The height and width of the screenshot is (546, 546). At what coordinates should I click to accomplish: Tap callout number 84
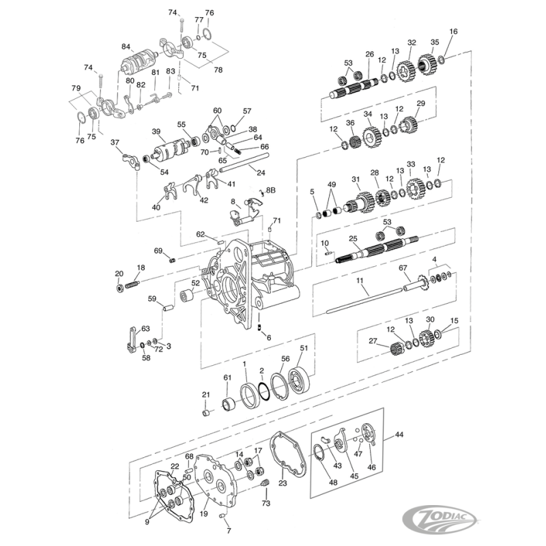coord(126,47)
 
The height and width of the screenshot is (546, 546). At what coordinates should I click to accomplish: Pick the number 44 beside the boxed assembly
coord(399,433)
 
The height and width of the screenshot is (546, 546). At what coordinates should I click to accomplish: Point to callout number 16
coord(454,31)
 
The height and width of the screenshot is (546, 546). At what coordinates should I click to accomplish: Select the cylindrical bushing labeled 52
coord(186,296)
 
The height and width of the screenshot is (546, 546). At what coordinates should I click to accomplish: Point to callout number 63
coord(145,329)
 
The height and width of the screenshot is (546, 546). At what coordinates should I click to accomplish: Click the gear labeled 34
coord(371,138)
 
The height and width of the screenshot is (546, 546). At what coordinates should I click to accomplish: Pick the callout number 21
coord(205,394)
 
